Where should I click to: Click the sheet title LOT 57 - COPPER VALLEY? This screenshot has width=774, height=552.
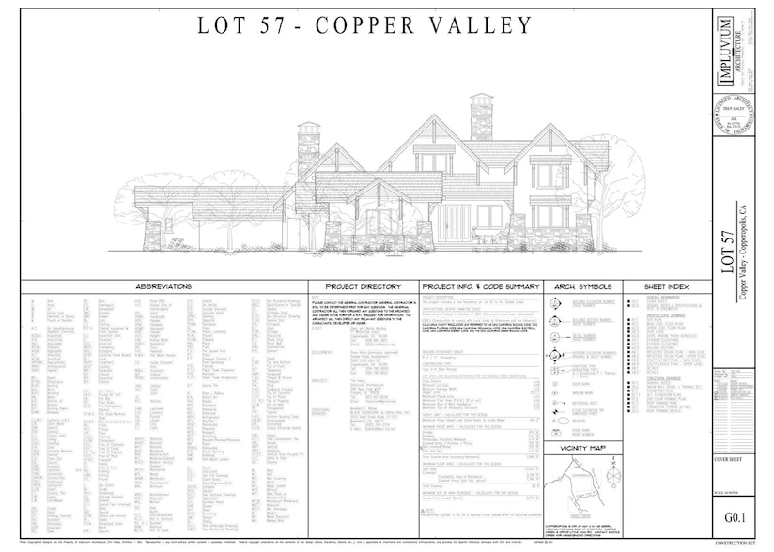(364, 25)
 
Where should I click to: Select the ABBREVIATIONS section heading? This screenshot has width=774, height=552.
(163, 286)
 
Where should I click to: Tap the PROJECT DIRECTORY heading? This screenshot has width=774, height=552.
(363, 286)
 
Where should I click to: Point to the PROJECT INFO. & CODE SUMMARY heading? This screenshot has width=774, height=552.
(481, 286)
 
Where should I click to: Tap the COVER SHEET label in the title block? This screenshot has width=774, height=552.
(730, 459)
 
